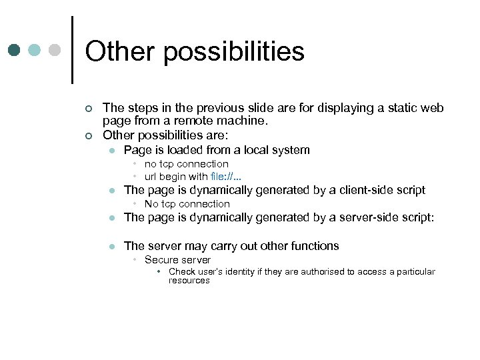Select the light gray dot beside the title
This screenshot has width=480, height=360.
[x=55, y=51]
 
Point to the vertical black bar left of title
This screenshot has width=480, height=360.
[x=71, y=50]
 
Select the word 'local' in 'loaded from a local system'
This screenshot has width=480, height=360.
[x=253, y=150]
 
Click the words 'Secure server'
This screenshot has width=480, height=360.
[x=177, y=260]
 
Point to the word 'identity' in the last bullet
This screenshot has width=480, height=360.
[x=240, y=271]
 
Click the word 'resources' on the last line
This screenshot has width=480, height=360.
[x=189, y=281]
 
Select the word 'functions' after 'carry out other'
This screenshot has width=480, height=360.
[x=315, y=246]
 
